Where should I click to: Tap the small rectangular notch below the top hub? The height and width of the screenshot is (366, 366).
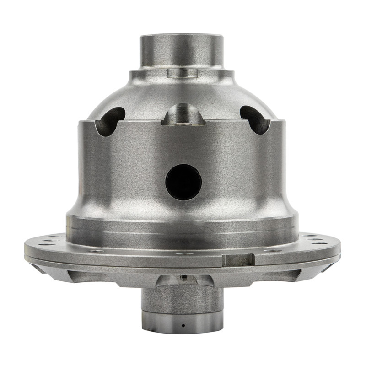[x=182, y=73]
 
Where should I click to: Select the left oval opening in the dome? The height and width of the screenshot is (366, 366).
[x=110, y=121]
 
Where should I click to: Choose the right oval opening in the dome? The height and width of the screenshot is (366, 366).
[x=255, y=120]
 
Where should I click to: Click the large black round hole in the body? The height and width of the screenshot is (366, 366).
[x=183, y=182]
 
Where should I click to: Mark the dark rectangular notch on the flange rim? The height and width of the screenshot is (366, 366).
[x=238, y=260]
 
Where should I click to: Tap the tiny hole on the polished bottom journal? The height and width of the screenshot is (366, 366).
[x=183, y=325]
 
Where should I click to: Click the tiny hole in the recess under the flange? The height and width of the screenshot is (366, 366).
[x=183, y=277]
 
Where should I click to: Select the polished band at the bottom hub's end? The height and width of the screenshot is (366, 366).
[x=182, y=323]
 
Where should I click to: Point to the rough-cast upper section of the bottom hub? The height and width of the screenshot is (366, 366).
[x=182, y=300]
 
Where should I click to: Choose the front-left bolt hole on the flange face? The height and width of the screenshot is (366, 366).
[x=96, y=251]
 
